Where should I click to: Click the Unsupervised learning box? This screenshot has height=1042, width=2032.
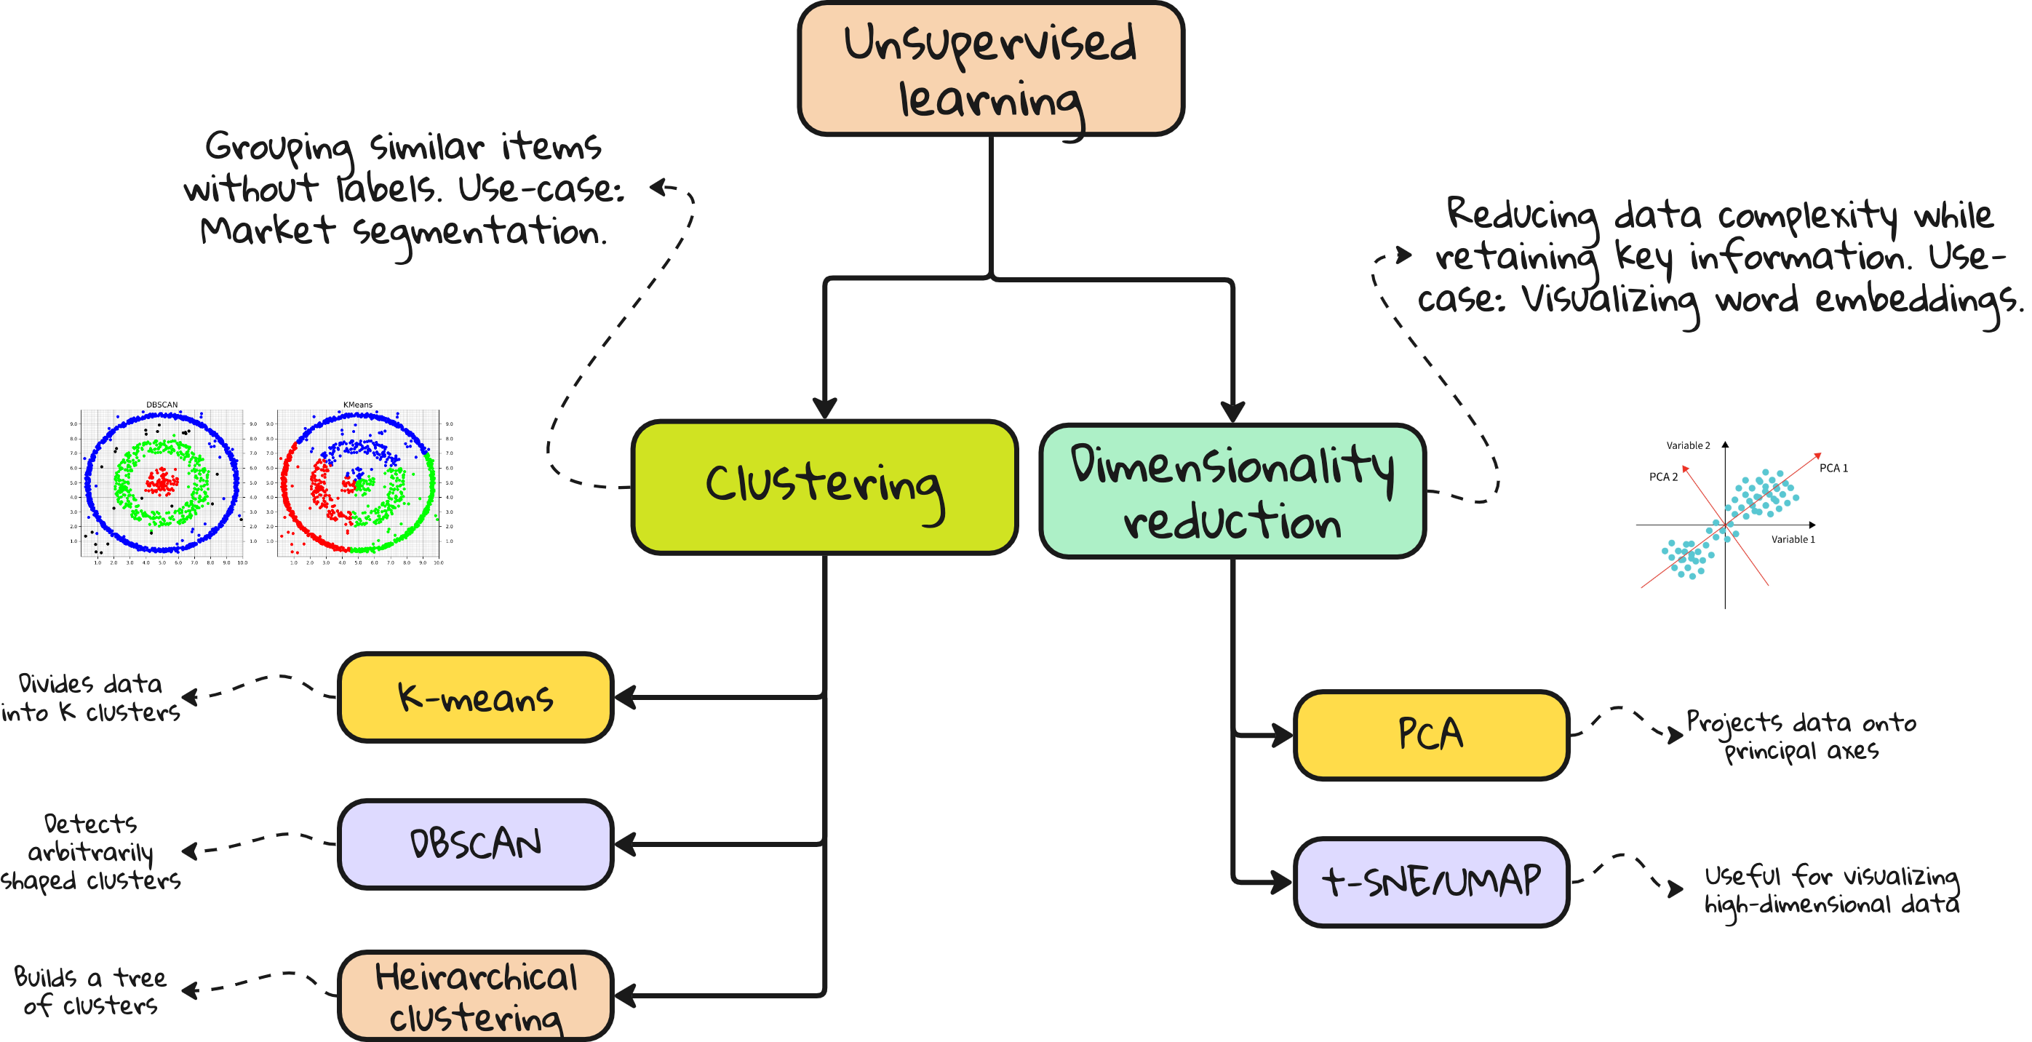[x=991, y=69]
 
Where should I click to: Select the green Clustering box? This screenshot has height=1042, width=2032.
[x=824, y=487]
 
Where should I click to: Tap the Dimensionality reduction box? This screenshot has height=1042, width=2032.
[x=1232, y=490]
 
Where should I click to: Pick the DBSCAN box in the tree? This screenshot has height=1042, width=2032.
[x=476, y=843]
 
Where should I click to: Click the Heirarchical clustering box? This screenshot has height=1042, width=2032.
[x=476, y=995]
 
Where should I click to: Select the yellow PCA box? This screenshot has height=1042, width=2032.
[x=1431, y=734]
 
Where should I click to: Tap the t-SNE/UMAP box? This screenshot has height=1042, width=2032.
[x=1431, y=881]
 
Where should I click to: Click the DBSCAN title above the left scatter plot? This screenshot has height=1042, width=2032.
[x=162, y=405]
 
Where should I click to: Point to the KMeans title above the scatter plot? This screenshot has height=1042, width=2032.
[x=357, y=405]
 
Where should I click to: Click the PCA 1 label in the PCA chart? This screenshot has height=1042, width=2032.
[x=1833, y=468]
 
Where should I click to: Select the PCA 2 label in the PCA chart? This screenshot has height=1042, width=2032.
[x=1663, y=477]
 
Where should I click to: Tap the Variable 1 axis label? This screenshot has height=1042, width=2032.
[x=1793, y=539]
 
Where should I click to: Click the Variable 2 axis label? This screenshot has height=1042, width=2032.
[x=1688, y=445]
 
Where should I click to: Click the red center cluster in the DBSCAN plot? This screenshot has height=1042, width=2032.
[x=161, y=481]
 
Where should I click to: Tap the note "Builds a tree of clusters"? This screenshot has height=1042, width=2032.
[x=91, y=991]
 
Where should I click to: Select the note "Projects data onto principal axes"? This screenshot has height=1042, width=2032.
[x=1801, y=736]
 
